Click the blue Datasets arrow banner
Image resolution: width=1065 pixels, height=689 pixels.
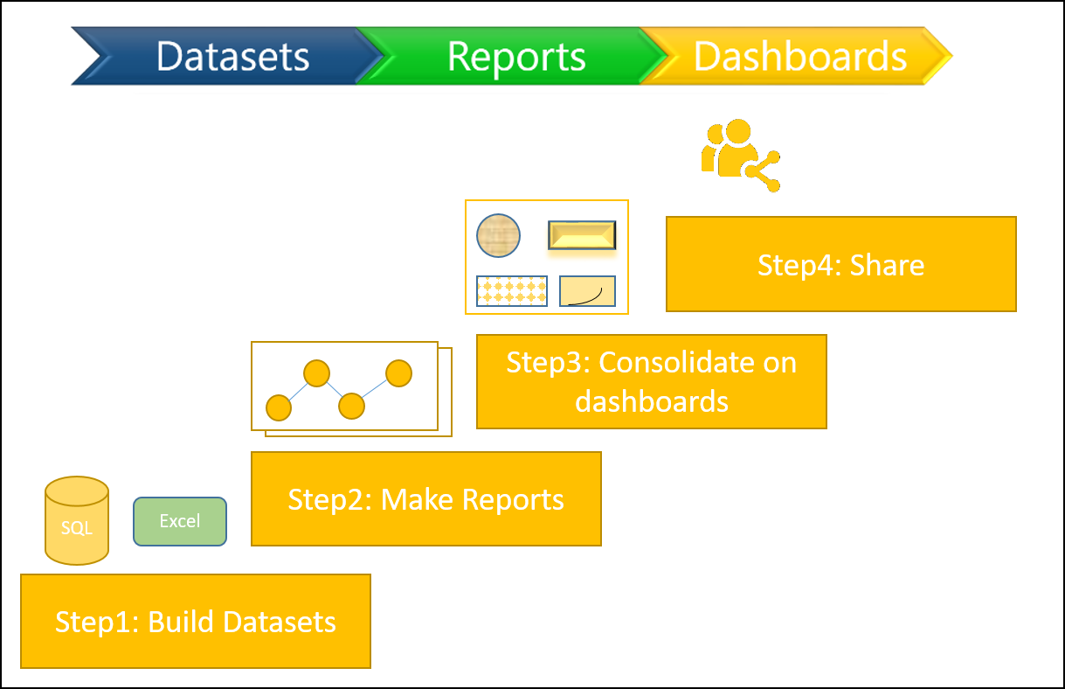click(x=228, y=56)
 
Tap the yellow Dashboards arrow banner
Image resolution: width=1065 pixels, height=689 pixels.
click(x=799, y=56)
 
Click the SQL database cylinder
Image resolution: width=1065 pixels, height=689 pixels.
click(x=77, y=520)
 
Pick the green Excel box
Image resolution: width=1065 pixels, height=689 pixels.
click(x=180, y=521)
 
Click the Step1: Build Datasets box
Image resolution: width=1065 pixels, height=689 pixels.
click(x=196, y=621)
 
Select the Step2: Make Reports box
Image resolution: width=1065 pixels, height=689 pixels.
click(x=426, y=498)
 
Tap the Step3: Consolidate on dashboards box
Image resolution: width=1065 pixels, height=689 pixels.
click(x=652, y=381)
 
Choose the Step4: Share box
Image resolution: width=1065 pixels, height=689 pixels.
click(x=841, y=264)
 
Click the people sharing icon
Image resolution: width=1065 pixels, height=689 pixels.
click(x=741, y=155)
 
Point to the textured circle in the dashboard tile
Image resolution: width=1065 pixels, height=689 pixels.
click(x=498, y=235)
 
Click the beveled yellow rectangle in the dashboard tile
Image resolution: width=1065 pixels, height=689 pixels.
click(x=582, y=235)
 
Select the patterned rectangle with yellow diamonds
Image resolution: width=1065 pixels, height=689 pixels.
click(x=512, y=291)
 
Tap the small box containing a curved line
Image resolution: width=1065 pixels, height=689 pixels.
click(x=587, y=291)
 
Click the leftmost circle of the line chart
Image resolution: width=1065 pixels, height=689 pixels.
click(x=279, y=407)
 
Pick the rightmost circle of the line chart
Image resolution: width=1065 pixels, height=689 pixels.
click(x=398, y=373)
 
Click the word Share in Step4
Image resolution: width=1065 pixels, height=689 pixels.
click(x=887, y=265)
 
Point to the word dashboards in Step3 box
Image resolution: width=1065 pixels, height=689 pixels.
click(x=652, y=401)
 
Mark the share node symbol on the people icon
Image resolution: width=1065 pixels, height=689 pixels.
click(x=763, y=171)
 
